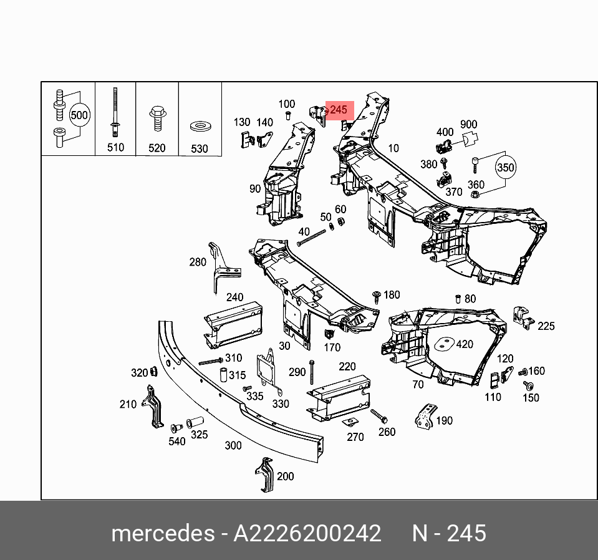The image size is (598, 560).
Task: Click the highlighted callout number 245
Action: pos(338,110)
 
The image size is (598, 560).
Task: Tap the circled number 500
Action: pos(79,115)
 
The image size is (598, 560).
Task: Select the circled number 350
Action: pos(506,168)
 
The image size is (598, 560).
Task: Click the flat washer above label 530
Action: pos(200,127)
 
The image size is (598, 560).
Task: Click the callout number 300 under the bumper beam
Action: pos(233,445)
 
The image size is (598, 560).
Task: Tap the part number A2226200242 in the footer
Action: pos(307,534)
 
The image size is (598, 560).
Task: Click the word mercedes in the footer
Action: pos(162,534)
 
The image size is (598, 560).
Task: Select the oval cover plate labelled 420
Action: pos(445,344)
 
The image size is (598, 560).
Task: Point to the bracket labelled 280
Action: pos(218,267)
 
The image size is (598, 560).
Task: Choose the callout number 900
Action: pos(468,125)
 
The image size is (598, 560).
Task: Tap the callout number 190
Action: pos(443,421)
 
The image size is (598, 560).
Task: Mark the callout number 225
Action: pos(546,326)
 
